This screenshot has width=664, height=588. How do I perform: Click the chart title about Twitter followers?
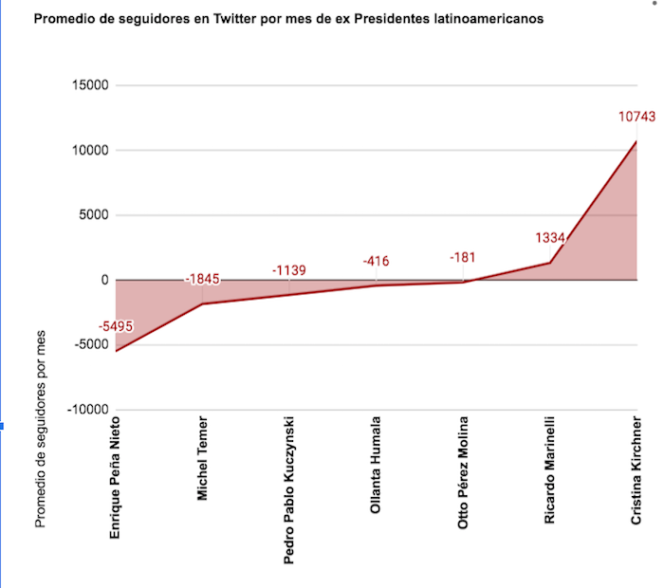288,20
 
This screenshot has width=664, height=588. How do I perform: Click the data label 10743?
636,117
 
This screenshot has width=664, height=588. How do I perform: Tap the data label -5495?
116,326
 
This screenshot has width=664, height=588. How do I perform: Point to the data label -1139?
289,270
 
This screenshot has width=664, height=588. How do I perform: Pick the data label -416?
377,261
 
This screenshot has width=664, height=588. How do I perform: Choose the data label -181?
464,256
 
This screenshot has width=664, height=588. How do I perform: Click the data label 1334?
550,238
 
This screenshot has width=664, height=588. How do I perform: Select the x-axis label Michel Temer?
202,457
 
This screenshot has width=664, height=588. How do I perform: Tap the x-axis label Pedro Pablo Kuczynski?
289,489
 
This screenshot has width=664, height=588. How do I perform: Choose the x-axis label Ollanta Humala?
377,464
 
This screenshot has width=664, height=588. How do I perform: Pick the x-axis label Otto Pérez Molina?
463,471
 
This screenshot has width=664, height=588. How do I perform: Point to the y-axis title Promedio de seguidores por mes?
40,428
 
